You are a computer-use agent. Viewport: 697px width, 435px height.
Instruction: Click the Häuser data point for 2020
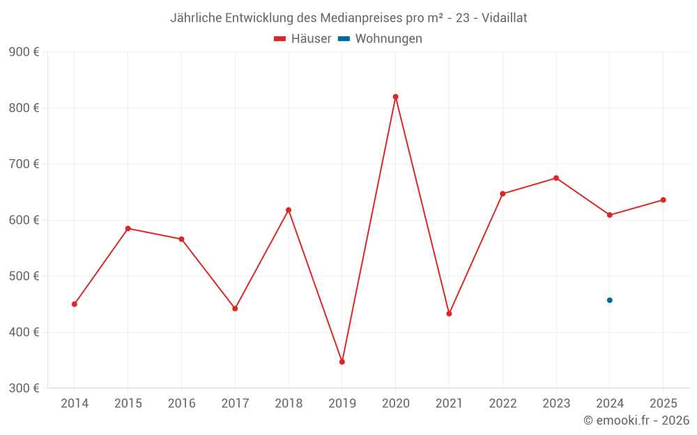[x=395, y=97]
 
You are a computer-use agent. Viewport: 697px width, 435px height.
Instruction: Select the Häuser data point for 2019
[x=342, y=362]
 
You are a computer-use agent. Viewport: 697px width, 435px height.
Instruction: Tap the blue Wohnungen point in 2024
[x=609, y=300]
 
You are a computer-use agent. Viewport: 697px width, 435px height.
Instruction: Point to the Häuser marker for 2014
[x=75, y=304]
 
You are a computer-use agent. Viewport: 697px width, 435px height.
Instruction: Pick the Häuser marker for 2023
[x=556, y=178]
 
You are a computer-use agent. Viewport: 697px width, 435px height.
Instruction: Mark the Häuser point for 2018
[x=289, y=210]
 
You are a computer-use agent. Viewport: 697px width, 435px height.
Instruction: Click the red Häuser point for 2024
[x=609, y=215]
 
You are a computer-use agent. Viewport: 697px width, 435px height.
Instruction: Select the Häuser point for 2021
[x=449, y=314]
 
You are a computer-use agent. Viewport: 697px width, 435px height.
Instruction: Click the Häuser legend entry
[x=302, y=39]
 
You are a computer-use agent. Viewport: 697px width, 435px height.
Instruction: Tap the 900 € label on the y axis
[x=24, y=52]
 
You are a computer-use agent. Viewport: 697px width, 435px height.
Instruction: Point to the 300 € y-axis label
[x=24, y=388]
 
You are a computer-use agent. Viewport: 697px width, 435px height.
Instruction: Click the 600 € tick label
[x=24, y=220]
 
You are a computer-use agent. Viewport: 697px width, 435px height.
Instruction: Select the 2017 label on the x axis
[x=235, y=404]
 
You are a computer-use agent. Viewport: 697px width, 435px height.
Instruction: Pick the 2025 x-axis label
[x=663, y=404]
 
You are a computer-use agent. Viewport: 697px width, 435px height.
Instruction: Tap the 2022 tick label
[x=503, y=404]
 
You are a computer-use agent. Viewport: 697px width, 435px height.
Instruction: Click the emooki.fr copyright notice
[x=636, y=420]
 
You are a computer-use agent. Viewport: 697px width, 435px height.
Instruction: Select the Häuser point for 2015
[x=128, y=228]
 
